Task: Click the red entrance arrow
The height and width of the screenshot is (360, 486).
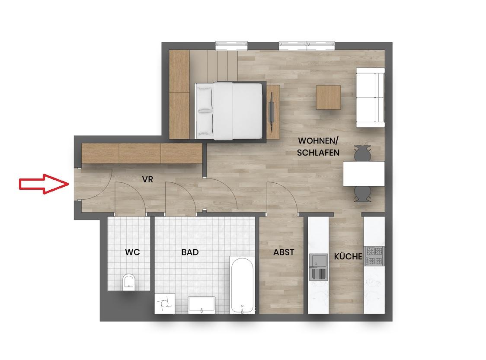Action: (x=44, y=184)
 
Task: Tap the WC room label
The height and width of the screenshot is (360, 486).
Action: (x=132, y=252)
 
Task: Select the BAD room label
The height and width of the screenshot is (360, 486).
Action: (x=190, y=252)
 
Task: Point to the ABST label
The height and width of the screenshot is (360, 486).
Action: (x=284, y=252)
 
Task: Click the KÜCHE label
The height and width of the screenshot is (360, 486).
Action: (x=348, y=256)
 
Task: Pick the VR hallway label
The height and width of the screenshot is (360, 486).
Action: (x=147, y=179)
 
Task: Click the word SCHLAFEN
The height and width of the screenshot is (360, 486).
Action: (x=318, y=153)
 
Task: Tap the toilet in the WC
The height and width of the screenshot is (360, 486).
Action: (x=129, y=282)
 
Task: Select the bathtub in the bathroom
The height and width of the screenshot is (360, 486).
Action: (x=243, y=285)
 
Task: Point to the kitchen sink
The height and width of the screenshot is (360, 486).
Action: (x=319, y=267)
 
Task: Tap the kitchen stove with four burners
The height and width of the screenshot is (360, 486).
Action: (x=374, y=256)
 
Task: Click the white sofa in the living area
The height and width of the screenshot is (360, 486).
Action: (x=371, y=98)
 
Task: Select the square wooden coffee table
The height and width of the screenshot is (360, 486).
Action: (x=328, y=97)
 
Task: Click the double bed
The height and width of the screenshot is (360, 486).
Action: (x=229, y=111)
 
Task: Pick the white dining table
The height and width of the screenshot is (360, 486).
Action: (x=364, y=173)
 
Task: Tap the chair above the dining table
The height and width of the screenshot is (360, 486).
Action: (x=363, y=153)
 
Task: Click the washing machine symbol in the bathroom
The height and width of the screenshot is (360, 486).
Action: (x=165, y=304)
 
